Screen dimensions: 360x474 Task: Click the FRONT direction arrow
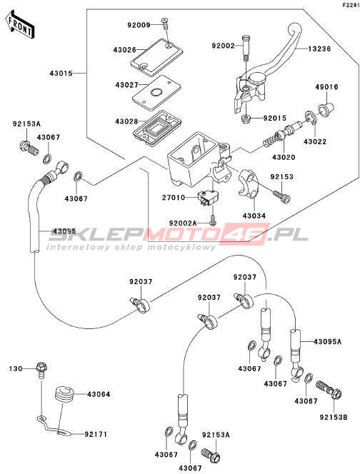20,24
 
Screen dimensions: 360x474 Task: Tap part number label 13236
319,49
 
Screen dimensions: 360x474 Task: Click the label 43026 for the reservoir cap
124,49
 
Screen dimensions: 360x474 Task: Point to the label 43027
126,85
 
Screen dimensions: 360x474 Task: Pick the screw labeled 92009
165,24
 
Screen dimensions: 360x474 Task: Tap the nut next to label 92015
246,118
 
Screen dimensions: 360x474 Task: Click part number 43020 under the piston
284,157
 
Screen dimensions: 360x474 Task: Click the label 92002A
183,223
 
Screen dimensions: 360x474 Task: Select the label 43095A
327,342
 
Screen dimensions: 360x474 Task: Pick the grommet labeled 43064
64,394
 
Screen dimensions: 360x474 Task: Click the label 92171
96,435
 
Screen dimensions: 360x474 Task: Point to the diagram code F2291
351,5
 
